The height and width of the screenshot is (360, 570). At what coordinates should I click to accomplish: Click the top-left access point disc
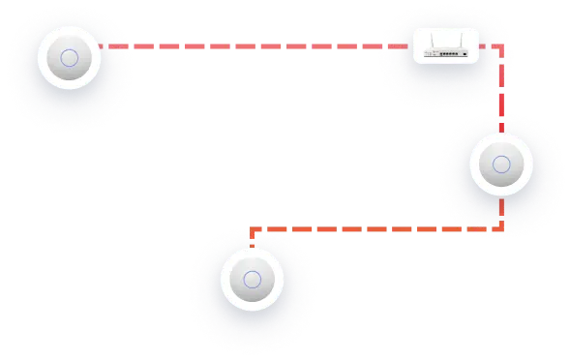point(69,58)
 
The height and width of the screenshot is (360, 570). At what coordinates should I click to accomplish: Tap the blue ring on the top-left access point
point(69,58)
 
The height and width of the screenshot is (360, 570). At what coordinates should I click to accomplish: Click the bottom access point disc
point(252,281)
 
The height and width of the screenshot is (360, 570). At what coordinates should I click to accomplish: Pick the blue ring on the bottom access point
point(252,281)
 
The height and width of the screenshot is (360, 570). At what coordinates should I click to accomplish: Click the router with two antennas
point(446,51)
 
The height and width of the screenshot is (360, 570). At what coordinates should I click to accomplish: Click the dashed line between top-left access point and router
point(252,45)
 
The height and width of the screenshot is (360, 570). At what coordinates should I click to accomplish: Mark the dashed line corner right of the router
point(500,45)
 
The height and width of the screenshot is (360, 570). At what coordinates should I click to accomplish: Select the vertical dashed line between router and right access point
point(500,97)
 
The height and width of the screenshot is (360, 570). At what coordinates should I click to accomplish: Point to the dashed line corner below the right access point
point(500,229)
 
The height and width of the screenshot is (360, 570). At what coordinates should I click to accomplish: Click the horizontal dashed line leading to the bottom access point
point(377,229)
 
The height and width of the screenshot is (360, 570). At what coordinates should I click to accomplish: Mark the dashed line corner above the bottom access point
point(252,230)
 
